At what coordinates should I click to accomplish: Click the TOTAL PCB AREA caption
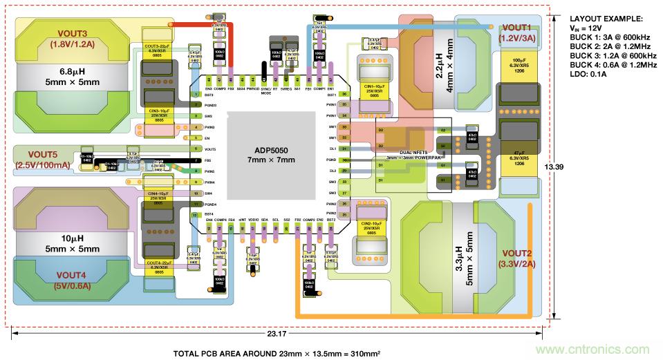pos(276,352)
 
